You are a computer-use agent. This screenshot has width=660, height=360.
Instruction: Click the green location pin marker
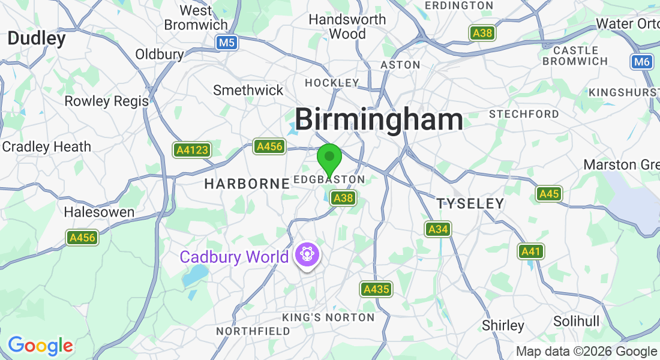coord(329,159)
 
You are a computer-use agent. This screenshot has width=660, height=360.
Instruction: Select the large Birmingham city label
coord(379,119)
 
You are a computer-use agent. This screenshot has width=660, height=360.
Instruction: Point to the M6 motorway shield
coord(641,61)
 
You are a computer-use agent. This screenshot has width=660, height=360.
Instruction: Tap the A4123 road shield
coord(192,149)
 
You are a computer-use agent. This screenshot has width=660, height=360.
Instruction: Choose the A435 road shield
coord(376,289)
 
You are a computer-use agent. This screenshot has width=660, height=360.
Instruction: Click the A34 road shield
coord(438,229)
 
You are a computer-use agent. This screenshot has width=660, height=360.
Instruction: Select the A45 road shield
coord(548,193)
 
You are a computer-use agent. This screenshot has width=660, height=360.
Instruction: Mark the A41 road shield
coord(530,251)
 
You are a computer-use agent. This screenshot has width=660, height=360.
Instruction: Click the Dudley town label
coord(37,39)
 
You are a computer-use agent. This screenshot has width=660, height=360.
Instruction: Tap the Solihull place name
coord(576,321)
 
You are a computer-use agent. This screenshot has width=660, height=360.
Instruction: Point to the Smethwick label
coord(248,90)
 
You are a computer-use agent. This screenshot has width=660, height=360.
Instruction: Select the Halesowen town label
coord(99,212)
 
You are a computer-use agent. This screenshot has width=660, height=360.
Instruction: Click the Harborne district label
coord(247,184)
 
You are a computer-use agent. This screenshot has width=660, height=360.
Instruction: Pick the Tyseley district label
coord(470,204)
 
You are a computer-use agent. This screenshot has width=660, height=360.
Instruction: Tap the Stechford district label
coord(524,114)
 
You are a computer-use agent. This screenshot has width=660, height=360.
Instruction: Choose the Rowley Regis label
coord(106,101)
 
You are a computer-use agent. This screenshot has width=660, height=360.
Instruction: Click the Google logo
coord(40,346)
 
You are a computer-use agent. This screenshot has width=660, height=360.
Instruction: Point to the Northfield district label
coord(253,331)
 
